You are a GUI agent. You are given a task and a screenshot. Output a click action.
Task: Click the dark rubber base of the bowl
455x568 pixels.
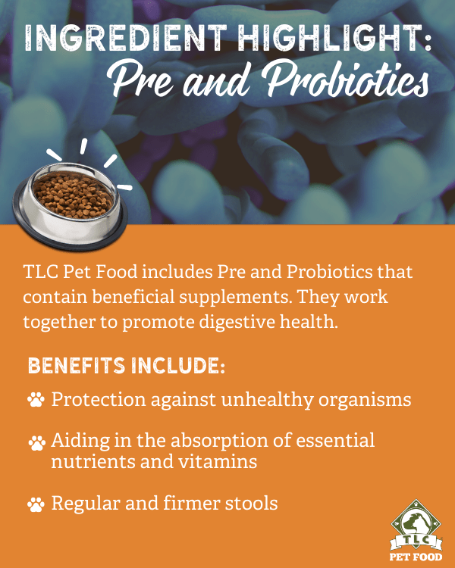pos(71,232)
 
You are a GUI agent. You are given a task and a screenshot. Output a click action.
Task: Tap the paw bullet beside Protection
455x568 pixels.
pos(36,399)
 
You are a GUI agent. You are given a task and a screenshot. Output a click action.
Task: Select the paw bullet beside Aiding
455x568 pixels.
pos(36,443)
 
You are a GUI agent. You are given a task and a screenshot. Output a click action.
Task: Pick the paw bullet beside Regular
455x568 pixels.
pos(36,504)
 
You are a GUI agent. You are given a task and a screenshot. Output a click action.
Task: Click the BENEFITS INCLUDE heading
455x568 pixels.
pos(127,366)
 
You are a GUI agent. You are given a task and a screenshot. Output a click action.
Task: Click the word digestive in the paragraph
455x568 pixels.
pos(236,322)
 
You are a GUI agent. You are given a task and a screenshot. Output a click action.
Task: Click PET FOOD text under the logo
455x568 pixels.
pos(416,557)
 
